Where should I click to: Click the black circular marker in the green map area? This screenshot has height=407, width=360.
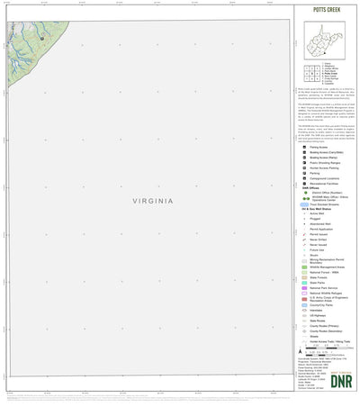pos(41,38)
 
